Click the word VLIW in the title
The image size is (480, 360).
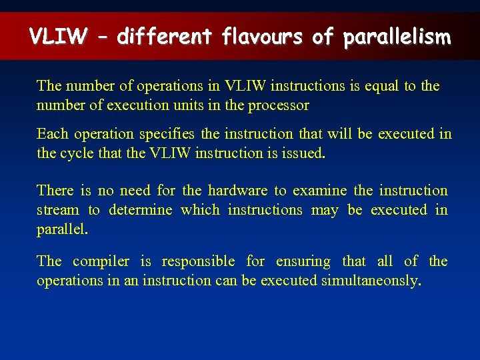57,37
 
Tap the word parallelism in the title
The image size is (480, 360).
397,37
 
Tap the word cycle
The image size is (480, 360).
77,153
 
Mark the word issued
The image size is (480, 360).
305,153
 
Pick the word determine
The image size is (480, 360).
140,210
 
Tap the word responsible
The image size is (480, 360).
198,261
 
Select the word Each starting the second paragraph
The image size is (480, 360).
52,134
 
